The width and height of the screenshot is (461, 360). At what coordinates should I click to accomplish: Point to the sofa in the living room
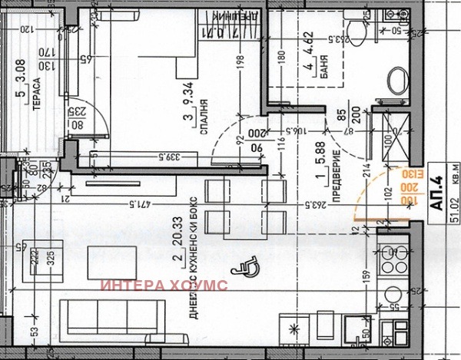coord(112,316)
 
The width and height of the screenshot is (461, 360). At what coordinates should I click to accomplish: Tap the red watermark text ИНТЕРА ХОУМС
coord(164,286)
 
